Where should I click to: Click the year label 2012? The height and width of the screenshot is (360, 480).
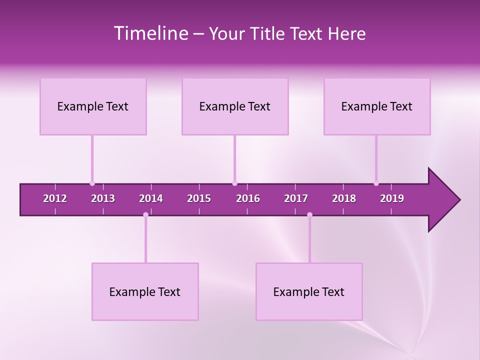[55, 198]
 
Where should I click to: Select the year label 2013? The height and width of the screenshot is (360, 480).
[103, 198]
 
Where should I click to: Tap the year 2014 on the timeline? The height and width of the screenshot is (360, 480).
[151, 198]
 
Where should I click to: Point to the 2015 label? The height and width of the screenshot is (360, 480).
[199, 198]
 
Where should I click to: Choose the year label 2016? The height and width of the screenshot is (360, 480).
[248, 198]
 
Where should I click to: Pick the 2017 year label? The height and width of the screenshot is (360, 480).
[296, 198]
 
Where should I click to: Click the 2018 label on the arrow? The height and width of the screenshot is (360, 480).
[344, 198]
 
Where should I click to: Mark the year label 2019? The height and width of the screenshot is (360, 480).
[392, 198]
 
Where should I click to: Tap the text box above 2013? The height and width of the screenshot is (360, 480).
[93, 106]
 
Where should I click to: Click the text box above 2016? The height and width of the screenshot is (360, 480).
[235, 106]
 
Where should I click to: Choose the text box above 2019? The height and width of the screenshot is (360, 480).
[377, 106]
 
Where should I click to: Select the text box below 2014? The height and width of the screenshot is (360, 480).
[145, 292]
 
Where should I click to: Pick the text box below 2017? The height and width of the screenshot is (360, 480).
[309, 292]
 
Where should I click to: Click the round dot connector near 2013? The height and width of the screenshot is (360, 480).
[92, 183]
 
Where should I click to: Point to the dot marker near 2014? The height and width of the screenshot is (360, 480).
[145, 214]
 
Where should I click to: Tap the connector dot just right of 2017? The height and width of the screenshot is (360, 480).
[309, 214]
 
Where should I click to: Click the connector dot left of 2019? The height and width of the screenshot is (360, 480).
[376, 183]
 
